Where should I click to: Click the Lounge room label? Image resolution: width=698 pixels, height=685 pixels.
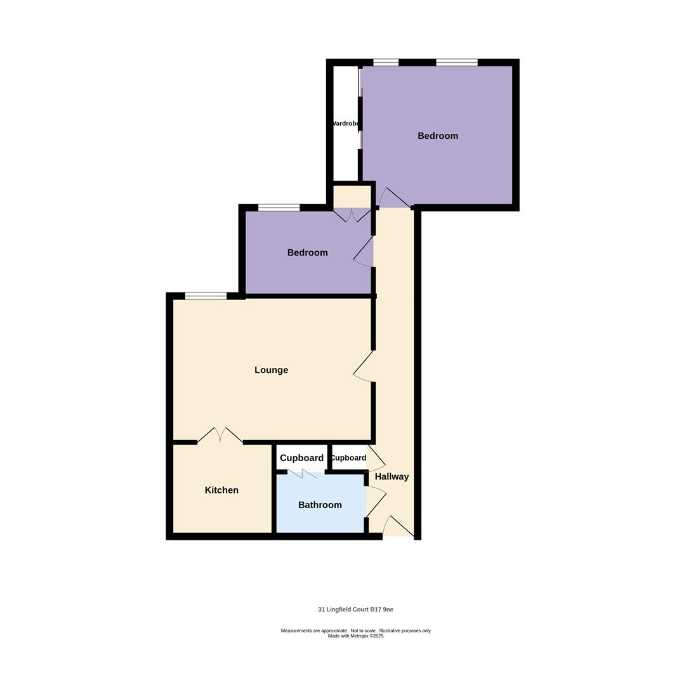pyautogui.click(x=271, y=370)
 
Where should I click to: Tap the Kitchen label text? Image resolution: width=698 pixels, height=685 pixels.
pyautogui.click(x=221, y=490)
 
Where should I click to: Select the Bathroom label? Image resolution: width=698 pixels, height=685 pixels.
pyautogui.click(x=320, y=505)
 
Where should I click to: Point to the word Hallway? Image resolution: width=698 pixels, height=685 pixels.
pyautogui.click(x=392, y=476)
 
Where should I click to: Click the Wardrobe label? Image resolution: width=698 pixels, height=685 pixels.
pyautogui.click(x=346, y=124)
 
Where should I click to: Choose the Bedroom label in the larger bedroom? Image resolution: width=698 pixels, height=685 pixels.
pyautogui.click(x=437, y=136)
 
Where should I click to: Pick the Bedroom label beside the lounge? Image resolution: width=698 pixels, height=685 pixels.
pyautogui.click(x=307, y=252)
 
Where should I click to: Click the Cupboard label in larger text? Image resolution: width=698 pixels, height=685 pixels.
pyautogui.click(x=301, y=458)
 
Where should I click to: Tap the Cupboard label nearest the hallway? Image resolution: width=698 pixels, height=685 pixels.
pyautogui.click(x=348, y=458)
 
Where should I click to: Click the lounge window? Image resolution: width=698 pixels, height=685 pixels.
pyautogui.click(x=206, y=296)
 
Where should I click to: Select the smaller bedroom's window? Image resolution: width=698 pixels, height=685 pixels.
pyautogui.click(x=279, y=207)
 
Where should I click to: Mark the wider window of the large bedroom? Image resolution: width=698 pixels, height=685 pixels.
pyautogui.click(x=456, y=62)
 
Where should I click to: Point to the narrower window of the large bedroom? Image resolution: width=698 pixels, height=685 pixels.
pyautogui.click(x=386, y=62)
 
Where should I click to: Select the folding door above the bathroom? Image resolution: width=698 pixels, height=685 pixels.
pyautogui.click(x=305, y=473)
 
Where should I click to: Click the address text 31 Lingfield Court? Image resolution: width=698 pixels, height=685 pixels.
pyautogui.click(x=355, y=610)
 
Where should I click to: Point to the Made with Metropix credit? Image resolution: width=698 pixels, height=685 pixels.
pyautogui.click(x=355, y=636)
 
